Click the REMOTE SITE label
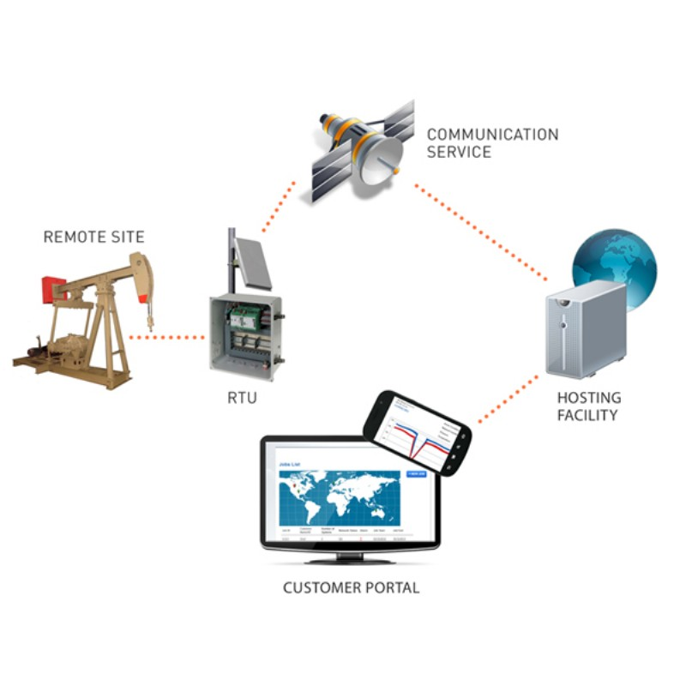pos(93,237)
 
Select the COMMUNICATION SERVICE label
pos(492,143)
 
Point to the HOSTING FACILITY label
pos(588,406)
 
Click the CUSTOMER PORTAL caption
pos(351,588)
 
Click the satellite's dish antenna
pos(382,163)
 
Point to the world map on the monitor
pos(340,497)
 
